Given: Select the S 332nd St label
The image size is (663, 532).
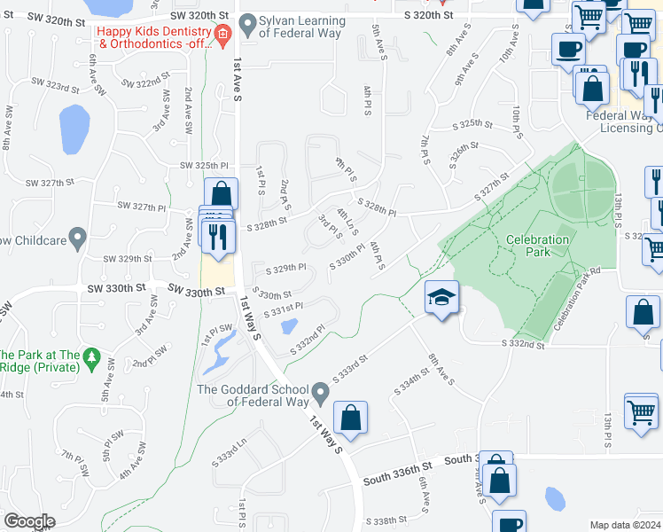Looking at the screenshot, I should point(522,343).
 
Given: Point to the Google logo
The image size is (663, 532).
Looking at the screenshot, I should point(29,521).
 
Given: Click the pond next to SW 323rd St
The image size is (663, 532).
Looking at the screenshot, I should point(74,129).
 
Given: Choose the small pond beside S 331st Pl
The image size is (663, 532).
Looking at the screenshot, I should point(288,326).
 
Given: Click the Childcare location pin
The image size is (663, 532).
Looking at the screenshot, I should point(77,239).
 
